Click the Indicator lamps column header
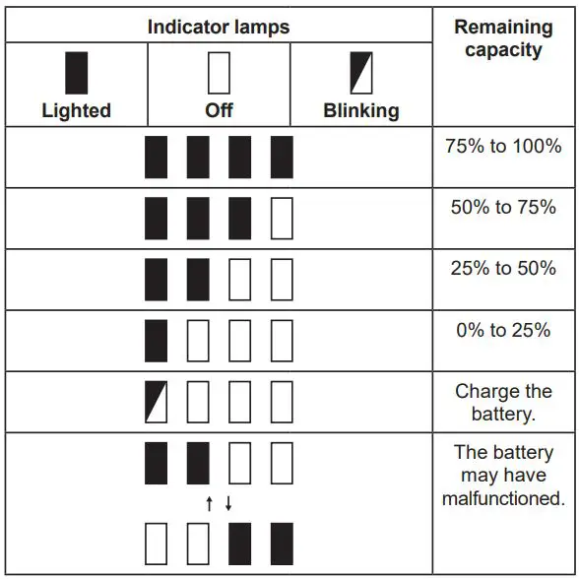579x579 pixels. point(219,27)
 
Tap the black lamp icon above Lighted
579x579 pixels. point(76,73)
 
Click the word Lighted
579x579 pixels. point(76,110)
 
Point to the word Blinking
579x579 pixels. point(361,110)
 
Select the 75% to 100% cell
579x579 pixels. point(502,146)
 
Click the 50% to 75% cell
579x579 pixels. point(502,207)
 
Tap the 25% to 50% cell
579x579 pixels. point(502,268)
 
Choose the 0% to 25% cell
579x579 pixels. point(502,330)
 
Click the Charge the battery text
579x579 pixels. point(502,402)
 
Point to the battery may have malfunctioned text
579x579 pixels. point(502,476)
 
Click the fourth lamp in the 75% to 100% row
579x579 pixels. point(282,158)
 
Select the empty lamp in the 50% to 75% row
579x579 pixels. point(282,219)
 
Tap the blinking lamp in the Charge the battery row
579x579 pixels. point(156,402)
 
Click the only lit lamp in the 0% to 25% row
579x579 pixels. point(156,341)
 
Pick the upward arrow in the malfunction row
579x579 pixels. point(209,504)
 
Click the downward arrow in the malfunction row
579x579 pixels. point(228,504)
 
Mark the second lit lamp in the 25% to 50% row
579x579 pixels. point(198,280)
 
